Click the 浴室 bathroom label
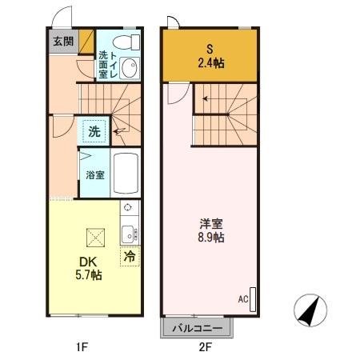coord(94,174)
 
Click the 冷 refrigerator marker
coord(130,257)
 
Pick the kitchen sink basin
coord(127,234)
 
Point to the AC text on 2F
coord(243,299)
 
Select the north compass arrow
coord(310,311)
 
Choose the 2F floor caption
coord(205,347)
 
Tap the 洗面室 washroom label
coord(103,64)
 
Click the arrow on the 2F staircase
coord(206,98)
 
